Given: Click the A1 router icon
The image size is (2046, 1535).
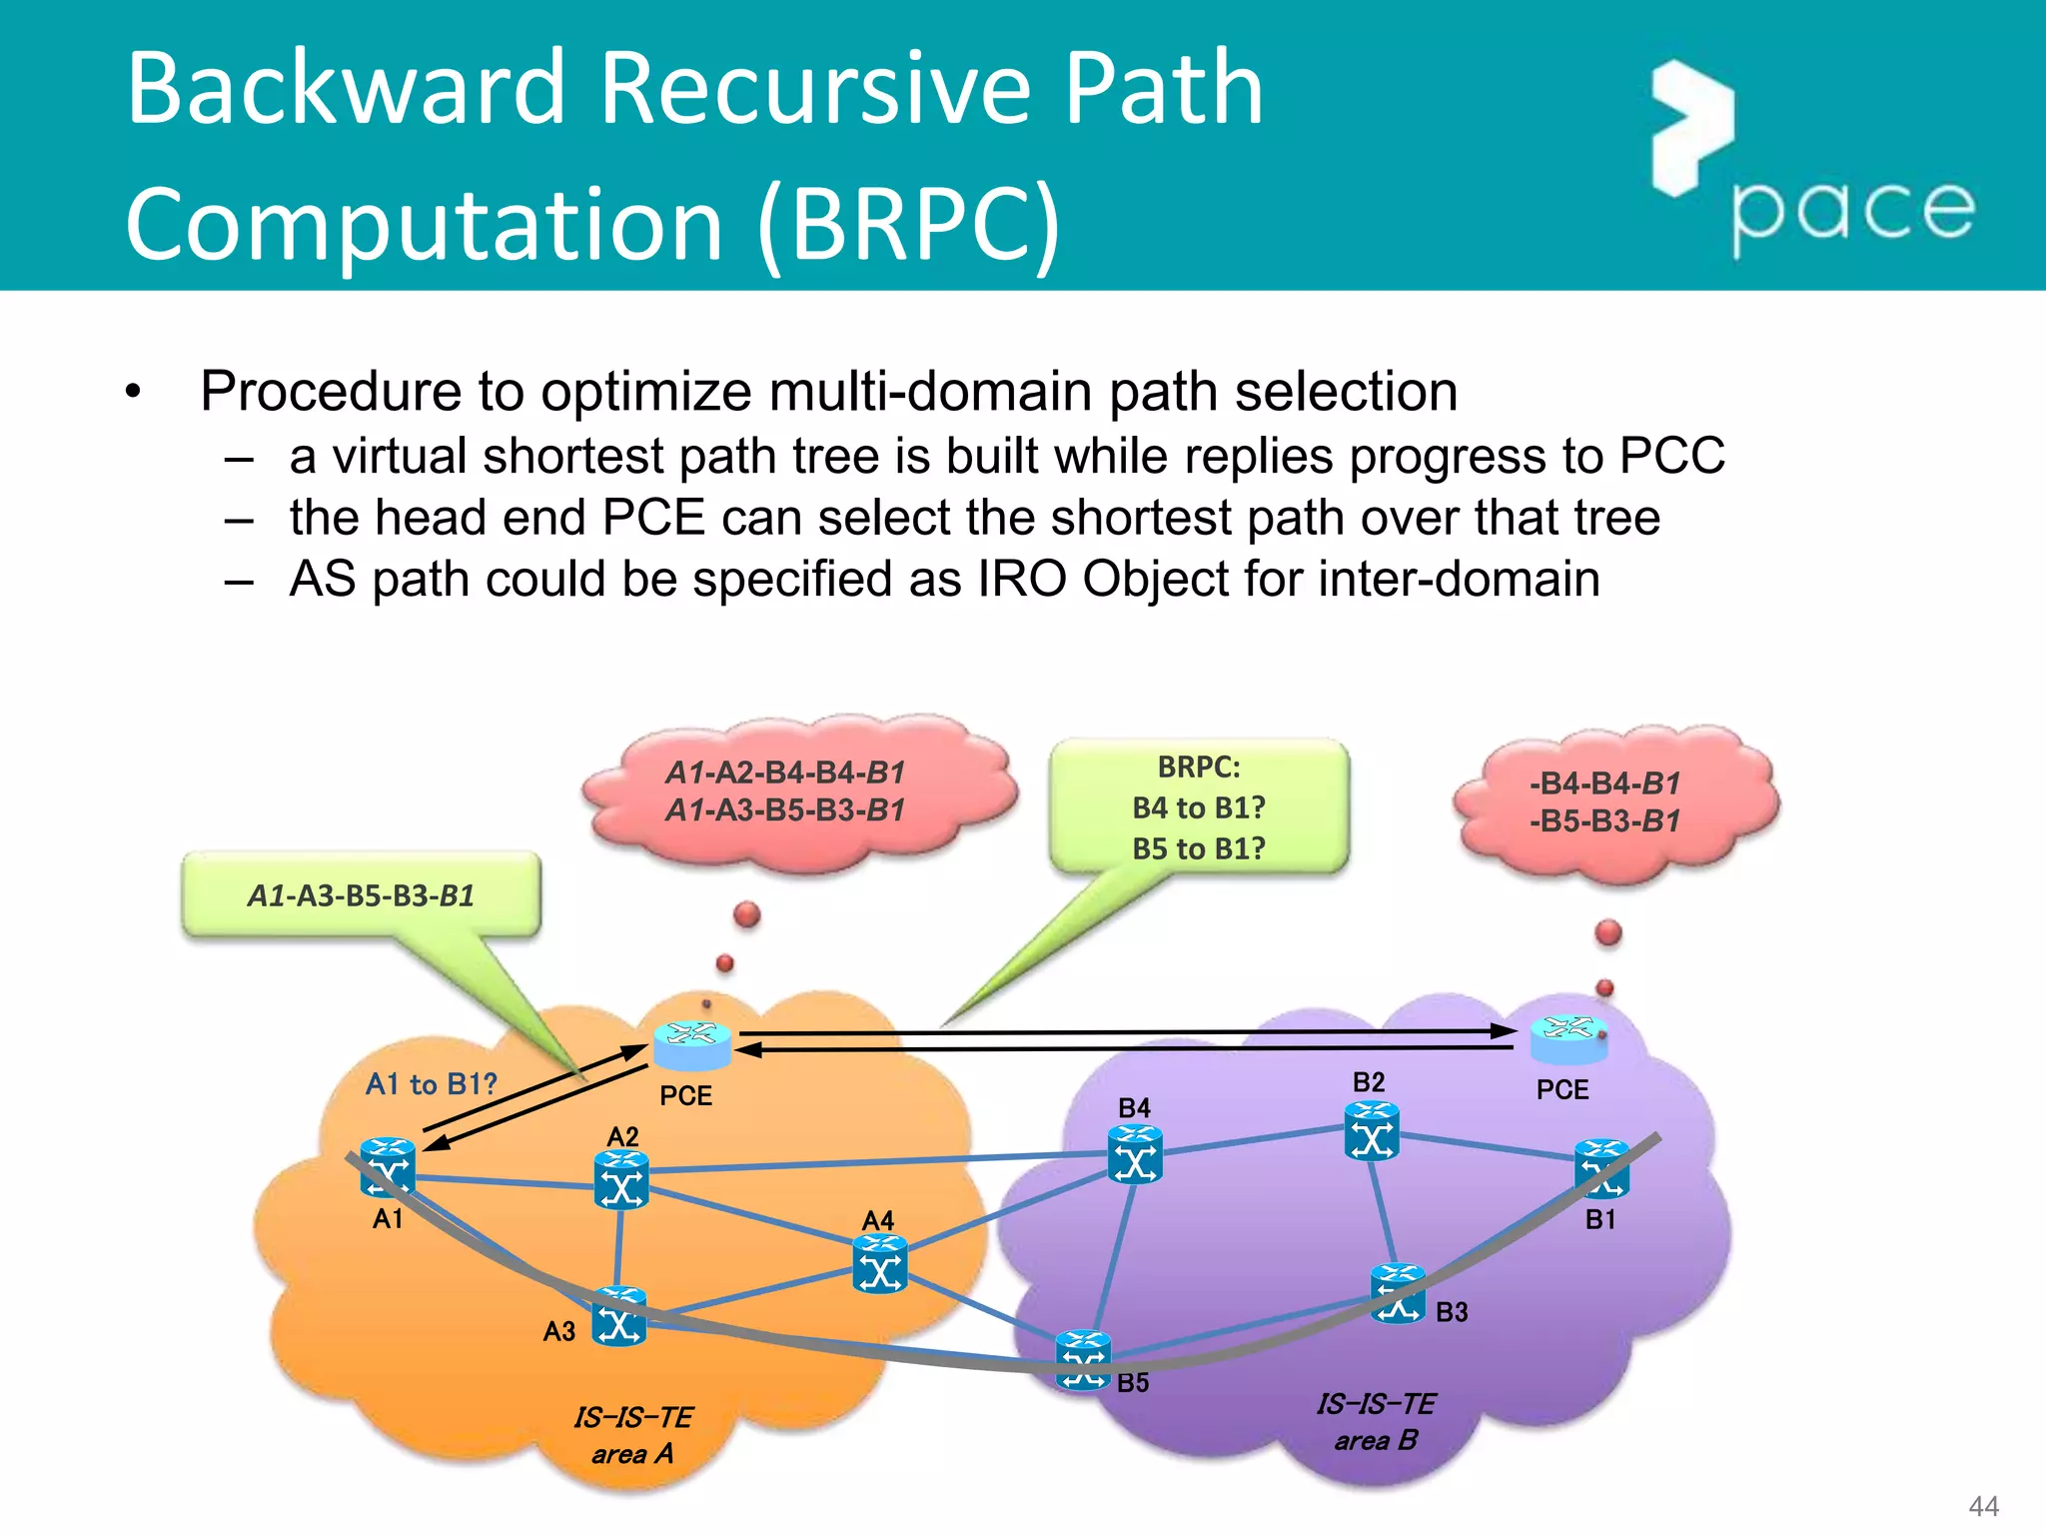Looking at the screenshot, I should (388, 1167).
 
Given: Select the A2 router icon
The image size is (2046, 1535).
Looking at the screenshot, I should (621, 1180).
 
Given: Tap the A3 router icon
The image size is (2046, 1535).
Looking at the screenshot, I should (619, 1317).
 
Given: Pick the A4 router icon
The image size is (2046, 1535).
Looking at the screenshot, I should (880, 1264).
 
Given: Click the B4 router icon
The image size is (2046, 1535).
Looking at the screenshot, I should (1135, 1154).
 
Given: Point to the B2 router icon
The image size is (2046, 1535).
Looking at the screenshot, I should (1372, 1130).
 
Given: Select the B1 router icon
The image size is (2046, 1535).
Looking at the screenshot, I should (1601, 1168).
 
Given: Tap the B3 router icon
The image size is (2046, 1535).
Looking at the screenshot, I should (1398, 1293).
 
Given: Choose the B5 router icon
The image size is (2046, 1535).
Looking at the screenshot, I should (1083, 1360).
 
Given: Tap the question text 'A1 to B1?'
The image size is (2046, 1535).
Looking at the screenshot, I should (431, 1084).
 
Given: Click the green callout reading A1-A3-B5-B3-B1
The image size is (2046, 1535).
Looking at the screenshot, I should (361, 895).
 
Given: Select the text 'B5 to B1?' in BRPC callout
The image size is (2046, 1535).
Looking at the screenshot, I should (1198, 848).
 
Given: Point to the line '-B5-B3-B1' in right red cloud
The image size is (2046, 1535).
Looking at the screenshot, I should (1604, 821).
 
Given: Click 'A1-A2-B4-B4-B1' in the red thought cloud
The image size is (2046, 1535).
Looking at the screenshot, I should (785, 772).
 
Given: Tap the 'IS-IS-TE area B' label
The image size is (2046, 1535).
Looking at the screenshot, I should (1376, 1422).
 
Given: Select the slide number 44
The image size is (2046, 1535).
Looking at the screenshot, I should (1983, 1505).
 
